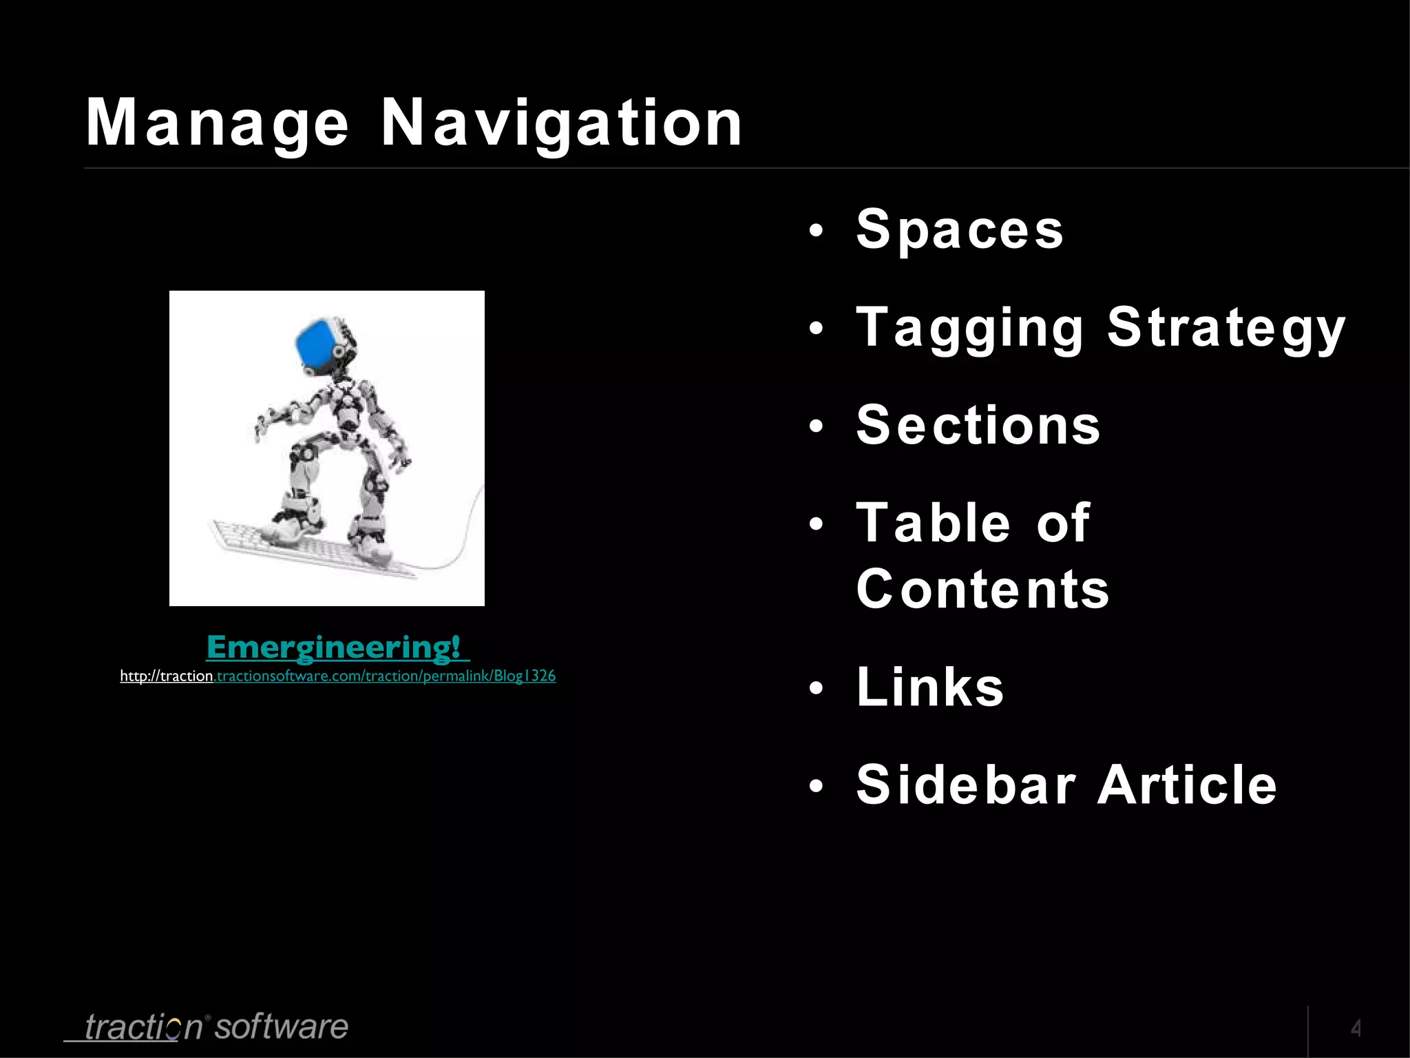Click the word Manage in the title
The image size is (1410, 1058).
pyautogui.click(x=217, y=124)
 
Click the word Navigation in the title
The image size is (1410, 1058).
pyautogui.click(x=561, y=124)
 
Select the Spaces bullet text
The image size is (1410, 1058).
pyautogui.click(x=960, y=229)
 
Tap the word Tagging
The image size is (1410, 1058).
pyautogui.click(x=969, y=328)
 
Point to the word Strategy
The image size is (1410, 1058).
pyautogui.click(x=1225, y=328)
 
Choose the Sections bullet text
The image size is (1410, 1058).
pyautogui.click(x=978, y=426)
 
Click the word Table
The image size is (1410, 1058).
pyautogui.click(x=934, y=523)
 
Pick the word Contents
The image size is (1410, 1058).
pyautogui.click(x=982, y=590)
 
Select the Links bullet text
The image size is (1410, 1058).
pyautogui.click(x=930, y=687)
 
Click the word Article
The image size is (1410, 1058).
pyautogui.click(x=1187, y=785)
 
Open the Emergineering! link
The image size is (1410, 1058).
pyautogui.click(x=337, y=647)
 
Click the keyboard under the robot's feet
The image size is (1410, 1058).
pyautogui.click(x=310, y=548)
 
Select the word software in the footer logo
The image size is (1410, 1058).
pyautogui.click(x=281, y=1027)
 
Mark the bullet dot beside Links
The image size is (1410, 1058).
pyautogui.click(x=816, y=688)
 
